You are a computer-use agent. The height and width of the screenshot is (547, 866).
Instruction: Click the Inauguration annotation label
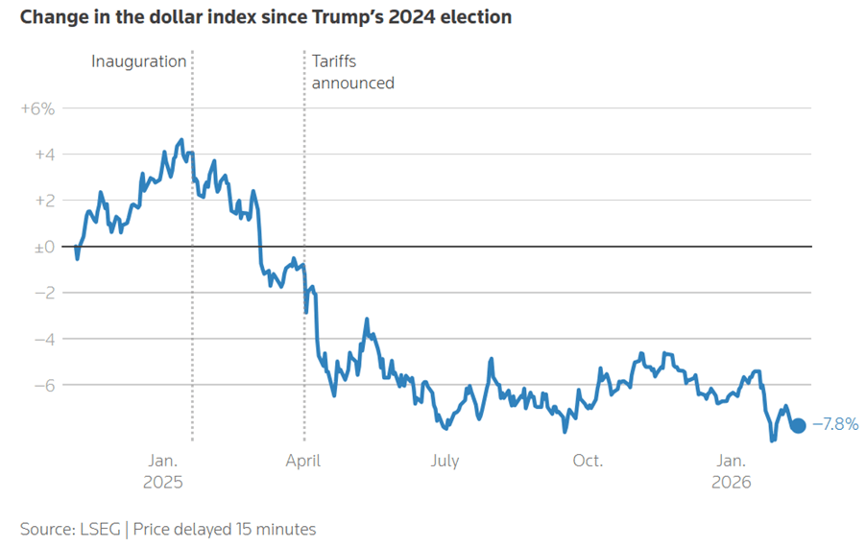139,61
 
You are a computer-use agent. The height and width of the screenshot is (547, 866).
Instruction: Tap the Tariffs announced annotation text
352,72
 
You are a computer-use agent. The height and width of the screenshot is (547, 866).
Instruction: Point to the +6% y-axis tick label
37,108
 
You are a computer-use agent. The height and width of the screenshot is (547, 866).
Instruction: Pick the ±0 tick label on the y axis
44,247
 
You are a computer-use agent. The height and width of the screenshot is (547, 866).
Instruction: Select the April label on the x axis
304,461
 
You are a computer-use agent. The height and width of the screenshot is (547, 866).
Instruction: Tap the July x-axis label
445,461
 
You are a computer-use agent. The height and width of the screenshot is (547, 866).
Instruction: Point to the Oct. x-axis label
588,461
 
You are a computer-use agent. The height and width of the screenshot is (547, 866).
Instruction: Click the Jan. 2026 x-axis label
732,471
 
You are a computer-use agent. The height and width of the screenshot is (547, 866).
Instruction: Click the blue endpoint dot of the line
798,425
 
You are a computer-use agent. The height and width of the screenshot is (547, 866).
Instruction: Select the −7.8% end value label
835,424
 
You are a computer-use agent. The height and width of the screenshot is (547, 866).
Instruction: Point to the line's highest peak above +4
180,140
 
